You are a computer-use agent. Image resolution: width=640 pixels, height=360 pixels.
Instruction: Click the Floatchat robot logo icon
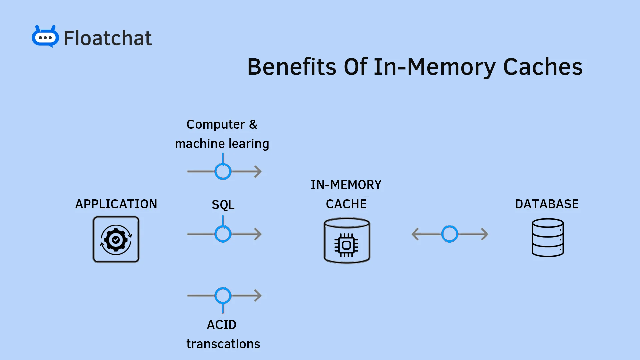click(45, 37)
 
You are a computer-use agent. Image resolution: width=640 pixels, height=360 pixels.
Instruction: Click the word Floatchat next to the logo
click(107, 38)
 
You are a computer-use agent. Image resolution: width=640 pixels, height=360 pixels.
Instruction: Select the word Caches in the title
click(543, 67)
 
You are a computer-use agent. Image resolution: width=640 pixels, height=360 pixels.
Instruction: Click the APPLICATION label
click(116, 204)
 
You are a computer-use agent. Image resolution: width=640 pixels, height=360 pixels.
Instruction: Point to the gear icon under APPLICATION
click(116, 239)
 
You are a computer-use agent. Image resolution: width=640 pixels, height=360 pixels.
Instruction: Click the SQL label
click(223, 205)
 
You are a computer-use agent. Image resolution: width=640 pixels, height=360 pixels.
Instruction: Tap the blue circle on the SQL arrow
click(223, 234)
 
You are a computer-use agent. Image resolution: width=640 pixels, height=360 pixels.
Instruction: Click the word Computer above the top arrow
click(216, 125)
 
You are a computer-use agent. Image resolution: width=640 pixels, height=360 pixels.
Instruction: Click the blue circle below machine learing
click(223, 171)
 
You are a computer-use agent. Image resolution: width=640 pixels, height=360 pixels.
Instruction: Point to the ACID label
click(222, 325)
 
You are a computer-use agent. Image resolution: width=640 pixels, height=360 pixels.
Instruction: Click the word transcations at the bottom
click(223, 344)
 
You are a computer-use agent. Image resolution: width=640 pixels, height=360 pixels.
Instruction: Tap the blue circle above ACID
click(223, 295)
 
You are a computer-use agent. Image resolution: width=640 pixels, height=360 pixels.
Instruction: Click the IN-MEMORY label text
click(346, 185)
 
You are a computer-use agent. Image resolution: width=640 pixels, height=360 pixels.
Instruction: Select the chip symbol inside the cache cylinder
click(346, 245)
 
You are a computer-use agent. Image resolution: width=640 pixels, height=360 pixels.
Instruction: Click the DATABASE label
click(547, 204)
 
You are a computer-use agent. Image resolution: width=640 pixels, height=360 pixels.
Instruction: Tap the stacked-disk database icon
click(548, 237)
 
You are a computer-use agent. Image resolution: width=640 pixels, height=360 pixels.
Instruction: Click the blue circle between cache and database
click(450, 234)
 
